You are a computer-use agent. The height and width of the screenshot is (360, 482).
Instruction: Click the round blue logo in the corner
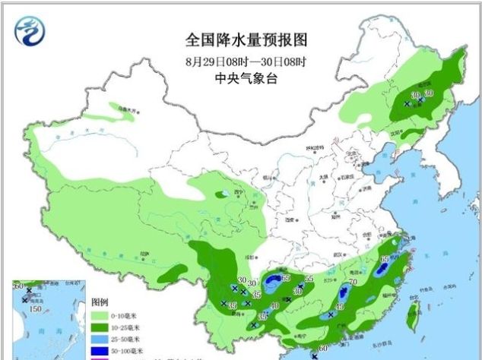[x=30, y=30]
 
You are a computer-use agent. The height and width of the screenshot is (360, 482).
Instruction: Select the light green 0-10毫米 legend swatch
[x=101, y=313]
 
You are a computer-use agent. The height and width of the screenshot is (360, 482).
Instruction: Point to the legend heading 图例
[x=100, y=301]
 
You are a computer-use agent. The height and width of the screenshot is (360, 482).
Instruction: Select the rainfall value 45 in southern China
[x=340, y=306]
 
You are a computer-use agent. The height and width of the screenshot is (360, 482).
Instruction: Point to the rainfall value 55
[x=309, y=279]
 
